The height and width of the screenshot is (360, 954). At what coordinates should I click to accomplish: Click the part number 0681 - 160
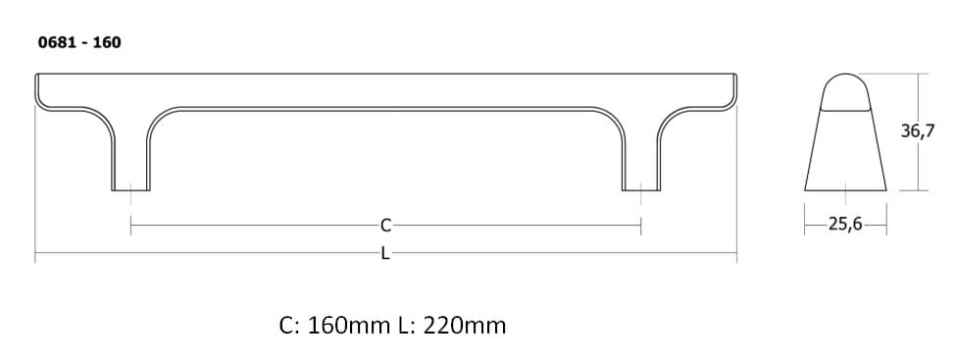(x=79, y=42)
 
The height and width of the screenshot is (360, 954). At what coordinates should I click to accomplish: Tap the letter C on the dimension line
(x=385, y=226)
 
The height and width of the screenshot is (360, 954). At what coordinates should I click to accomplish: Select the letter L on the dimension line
(x=385, y=253)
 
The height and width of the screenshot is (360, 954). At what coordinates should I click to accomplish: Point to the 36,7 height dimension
(x=918, y=130)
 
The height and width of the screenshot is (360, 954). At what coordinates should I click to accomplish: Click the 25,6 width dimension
(x=845, y=225)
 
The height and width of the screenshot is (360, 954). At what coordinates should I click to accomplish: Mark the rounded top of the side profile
(x=846, y=90)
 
